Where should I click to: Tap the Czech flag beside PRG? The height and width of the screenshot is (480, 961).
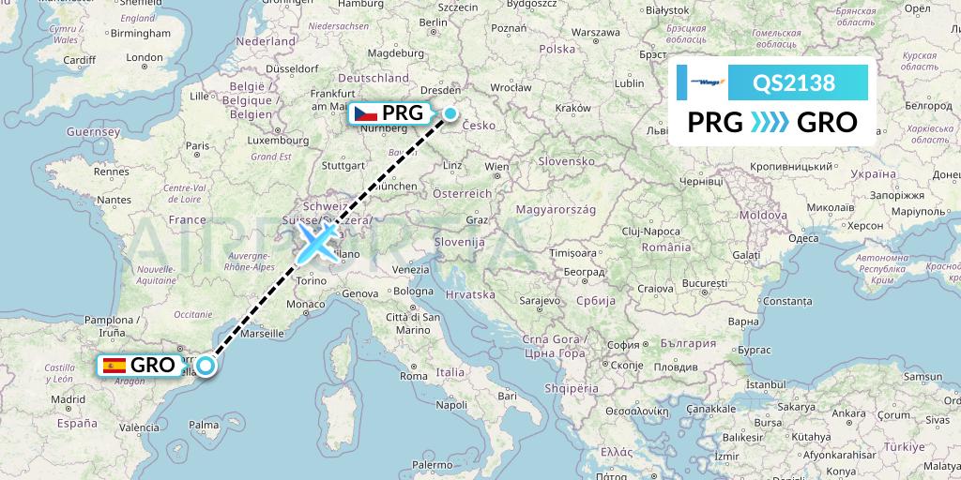click(x=365, y=114)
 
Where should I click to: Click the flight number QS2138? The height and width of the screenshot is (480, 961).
click(x=794, y=82)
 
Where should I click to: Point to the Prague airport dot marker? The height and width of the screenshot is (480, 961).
click(x=450, y=114)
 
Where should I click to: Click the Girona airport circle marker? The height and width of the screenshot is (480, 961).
click(x=204, y=366)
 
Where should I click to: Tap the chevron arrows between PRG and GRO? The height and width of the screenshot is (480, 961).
click(x=770, y=123)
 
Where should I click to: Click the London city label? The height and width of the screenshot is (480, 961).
click(x=145, y=57)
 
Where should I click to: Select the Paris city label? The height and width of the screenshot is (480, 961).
click(x=197, y=145)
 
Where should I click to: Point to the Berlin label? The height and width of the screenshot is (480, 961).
click(x=432, y=22)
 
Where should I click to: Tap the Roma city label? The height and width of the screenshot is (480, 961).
click(x=414, y=376)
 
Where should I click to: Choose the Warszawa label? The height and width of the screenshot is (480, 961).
click(x=600, y=31)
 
